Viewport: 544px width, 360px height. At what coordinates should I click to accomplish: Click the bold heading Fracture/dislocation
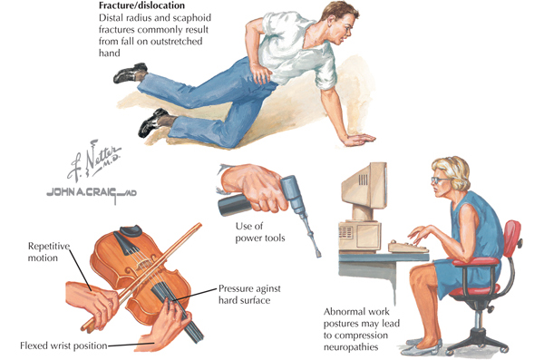click(x=141, y=5)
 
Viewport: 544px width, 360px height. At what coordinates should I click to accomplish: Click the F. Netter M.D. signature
click(x=93, y=161)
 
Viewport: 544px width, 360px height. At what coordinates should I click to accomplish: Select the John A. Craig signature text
click(x=92, y=193)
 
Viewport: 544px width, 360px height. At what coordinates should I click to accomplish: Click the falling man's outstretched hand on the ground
click(x=360, y=139)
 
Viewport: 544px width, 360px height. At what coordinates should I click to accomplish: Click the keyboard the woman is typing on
click(x=408, y=246)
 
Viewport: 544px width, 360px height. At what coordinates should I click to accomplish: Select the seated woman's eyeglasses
click(x=439, y=180)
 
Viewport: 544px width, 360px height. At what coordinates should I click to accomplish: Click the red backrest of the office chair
click(x=511, y=238)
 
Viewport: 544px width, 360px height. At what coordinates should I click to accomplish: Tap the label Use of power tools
click(x=260, y=232)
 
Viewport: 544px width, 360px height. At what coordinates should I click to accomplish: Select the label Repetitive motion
click(x=49, y=252)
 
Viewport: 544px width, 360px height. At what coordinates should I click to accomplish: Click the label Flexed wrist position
click(x=63, y=345)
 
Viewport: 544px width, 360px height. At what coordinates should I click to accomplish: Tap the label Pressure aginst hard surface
click(x=249, y=295)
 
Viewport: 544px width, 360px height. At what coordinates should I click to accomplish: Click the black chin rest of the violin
click(x=131, y=230)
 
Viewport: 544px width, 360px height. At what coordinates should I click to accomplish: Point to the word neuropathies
click(x=351, y=347)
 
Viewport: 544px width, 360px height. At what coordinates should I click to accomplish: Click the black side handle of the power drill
click(x=235, y=204)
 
